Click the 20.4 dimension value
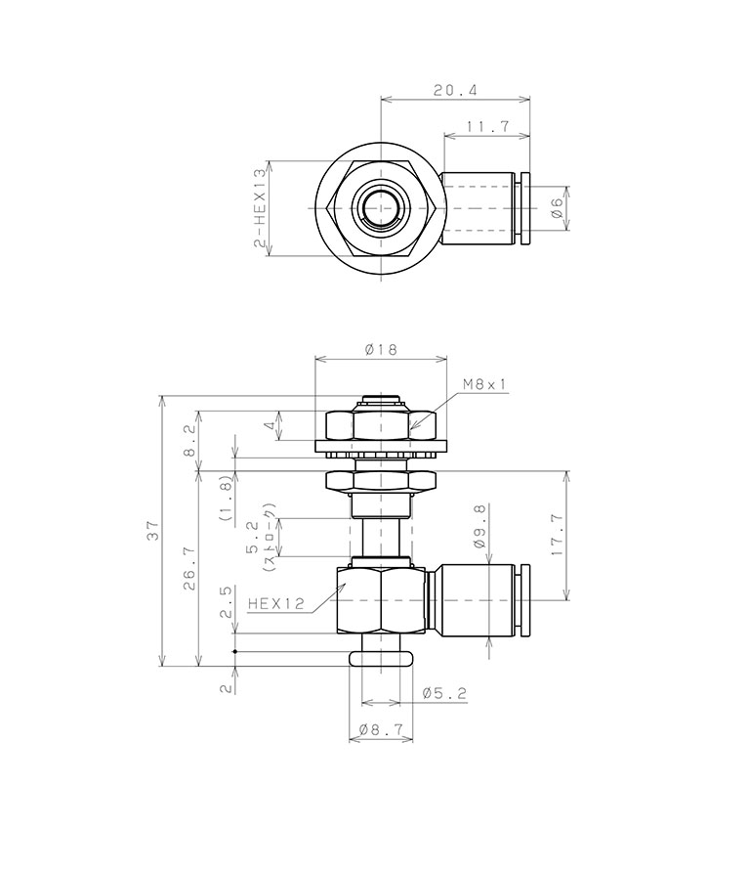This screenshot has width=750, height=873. (x=454, y=90)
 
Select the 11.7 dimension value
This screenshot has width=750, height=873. (x=485, y=126)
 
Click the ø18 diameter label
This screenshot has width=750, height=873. (x=380, y=349)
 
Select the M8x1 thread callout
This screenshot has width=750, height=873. (x=485, y=384)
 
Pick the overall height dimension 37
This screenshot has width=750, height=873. (x=152, y=532)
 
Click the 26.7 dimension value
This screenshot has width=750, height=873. (x=189, y=568)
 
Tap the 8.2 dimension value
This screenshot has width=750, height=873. (x=189, y=433)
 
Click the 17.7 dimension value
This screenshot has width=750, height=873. (x=558, y=536)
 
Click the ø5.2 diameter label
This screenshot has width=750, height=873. (x=444, y=693)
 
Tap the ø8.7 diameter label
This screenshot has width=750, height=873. (x=381, y=729)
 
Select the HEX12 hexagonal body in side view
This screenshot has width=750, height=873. (x=381, y=598)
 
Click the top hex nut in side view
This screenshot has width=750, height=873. (x=381, y=424)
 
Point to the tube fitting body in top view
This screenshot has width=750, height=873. (x=479, y=208)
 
